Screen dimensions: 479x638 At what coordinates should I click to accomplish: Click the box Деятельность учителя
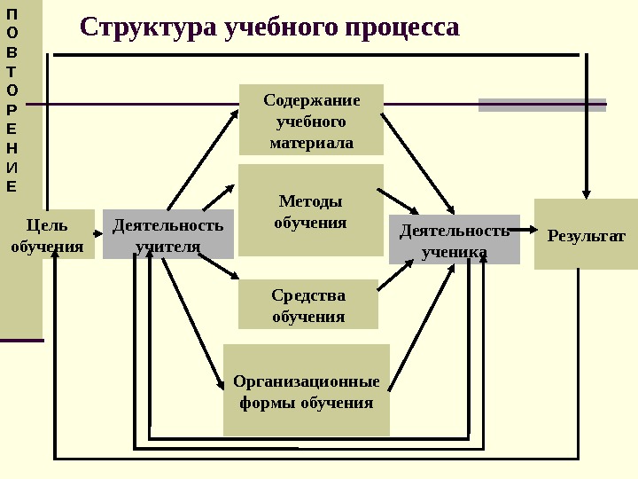167,234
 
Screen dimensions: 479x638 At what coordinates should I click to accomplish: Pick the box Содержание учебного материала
311,120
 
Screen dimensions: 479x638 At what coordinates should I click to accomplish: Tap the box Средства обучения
308,304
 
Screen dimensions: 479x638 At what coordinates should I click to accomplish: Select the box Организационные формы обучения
307,390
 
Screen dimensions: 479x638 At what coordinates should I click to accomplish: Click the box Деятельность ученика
455,239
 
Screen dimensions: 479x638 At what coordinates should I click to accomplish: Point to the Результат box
586,235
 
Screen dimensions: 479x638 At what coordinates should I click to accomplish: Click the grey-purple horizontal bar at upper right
542,105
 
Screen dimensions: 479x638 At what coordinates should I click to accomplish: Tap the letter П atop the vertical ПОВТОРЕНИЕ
11,15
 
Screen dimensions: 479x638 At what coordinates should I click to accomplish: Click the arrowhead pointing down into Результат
586,190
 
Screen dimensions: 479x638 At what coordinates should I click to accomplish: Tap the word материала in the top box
311,142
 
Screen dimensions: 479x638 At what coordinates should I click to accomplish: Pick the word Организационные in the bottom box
307,381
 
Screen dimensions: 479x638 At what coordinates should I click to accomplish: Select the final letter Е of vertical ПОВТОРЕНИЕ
11,186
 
